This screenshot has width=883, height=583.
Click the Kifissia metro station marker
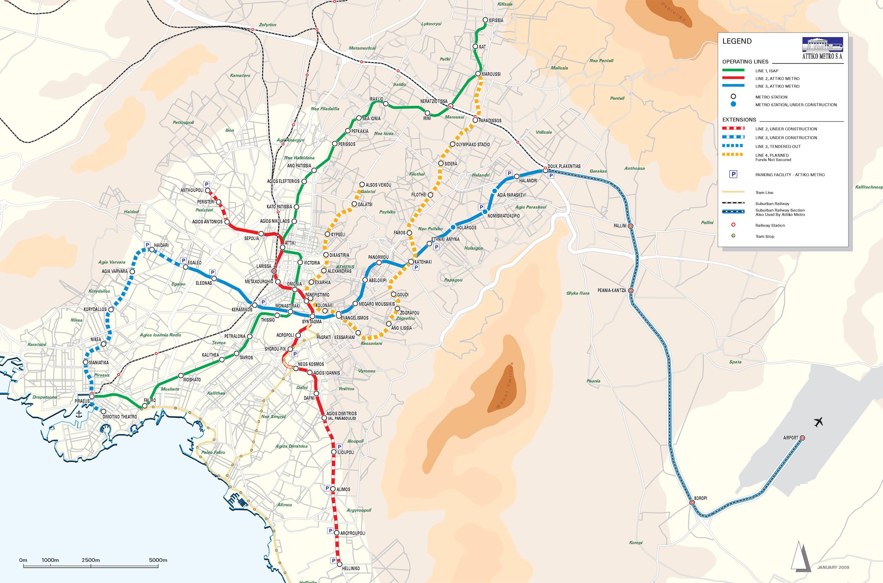pos(485,20)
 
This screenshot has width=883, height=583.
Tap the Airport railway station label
pos(790,438)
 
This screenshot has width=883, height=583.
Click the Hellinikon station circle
pos(339,575)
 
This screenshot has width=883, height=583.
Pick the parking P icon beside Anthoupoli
pos(207,184)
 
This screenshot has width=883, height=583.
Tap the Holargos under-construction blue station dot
pos(453,227)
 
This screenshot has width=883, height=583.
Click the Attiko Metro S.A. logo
pos(822,48)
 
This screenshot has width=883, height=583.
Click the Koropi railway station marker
pos(692,503)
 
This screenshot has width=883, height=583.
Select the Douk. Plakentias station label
pos(564,166)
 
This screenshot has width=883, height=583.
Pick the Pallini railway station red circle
pos(630,226)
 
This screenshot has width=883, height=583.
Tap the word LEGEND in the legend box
pos(737,41)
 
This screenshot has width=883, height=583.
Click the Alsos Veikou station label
pos(379,185)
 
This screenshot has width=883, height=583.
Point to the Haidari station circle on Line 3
pos(152,250)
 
